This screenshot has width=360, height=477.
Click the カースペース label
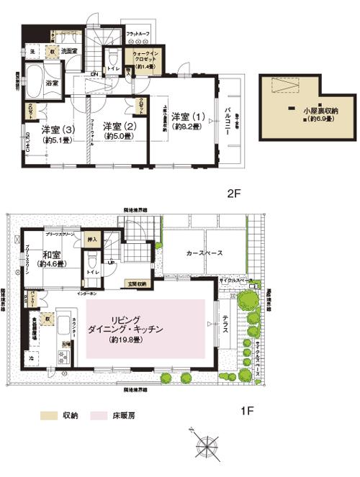(x=204, y=253)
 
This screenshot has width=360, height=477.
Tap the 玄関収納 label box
(x=135, y=283)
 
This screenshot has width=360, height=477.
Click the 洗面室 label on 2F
(x=68, y=51)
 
